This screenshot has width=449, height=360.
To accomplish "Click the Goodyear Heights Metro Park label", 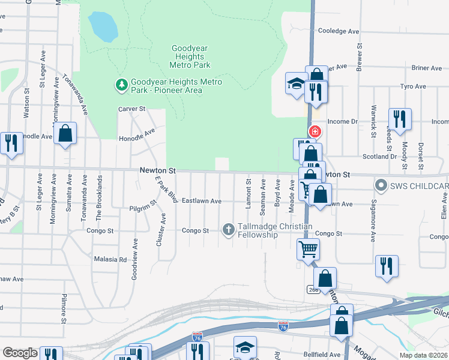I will coord(190,56).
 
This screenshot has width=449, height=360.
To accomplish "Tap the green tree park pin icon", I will coord(122,85).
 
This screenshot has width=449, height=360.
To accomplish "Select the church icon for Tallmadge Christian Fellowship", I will coord(228,229).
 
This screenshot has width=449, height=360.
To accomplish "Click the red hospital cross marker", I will coord(314,131).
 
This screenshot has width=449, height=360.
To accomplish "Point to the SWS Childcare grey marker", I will coord(380,185).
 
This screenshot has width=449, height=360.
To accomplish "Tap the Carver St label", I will coord(132,109).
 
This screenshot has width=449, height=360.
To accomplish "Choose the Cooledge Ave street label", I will coord(339,31).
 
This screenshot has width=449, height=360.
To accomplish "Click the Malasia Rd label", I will coord(110,260).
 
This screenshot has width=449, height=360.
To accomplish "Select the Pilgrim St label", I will coord(142,209).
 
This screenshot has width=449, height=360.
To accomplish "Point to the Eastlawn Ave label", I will coord(202,200).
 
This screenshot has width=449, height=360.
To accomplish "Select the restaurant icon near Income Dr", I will coord(399,119).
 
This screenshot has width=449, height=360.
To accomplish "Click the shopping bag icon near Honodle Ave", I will coord(65,134).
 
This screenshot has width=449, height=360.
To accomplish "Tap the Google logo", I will coord(20,353).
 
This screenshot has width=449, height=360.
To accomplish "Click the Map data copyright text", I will coord(423,355).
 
